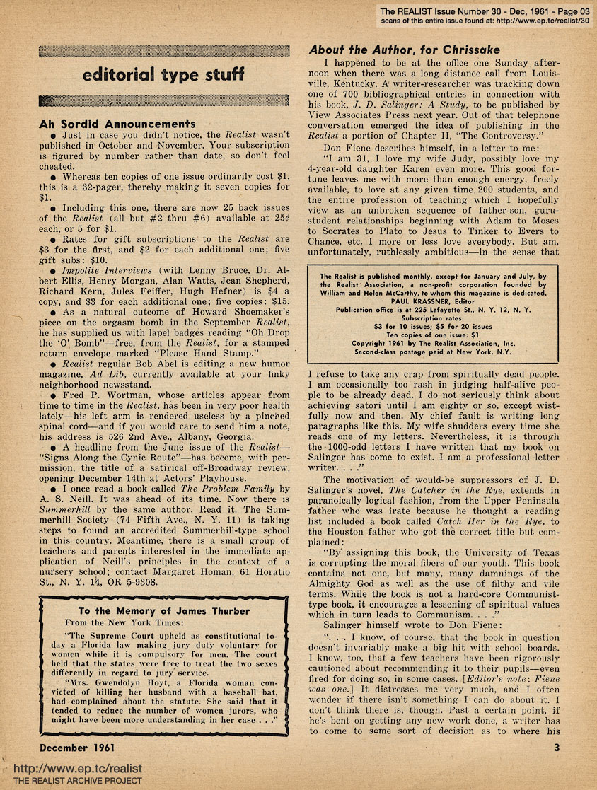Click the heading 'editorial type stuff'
[x=163, y=74]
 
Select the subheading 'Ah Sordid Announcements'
[x=117, y=124]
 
